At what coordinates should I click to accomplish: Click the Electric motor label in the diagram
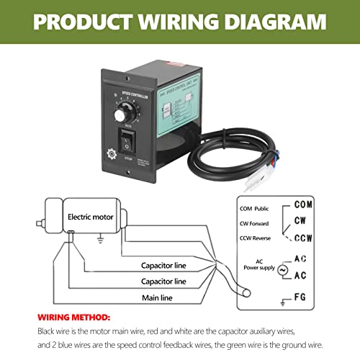pyautogui.click(x=90, y=215)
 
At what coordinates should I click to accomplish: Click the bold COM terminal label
pyautogui.click(x=304, y=204)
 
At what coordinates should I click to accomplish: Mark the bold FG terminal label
pyautogui.click(x=304, y=297)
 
